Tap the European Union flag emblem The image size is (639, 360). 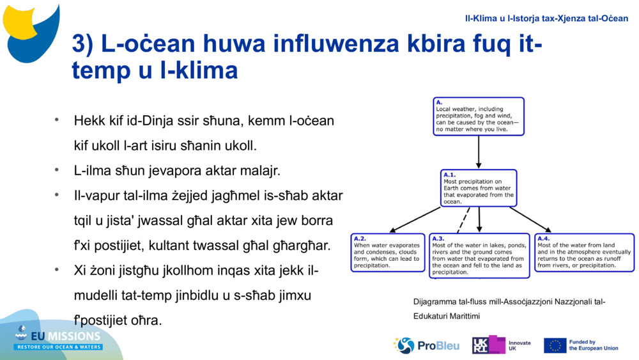[x=555, y=345]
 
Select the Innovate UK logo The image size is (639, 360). [x=501, y=345]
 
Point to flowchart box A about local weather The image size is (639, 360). [x=479, y=116]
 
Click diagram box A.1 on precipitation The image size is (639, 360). [x=479, y=188]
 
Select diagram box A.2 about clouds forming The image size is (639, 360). [x=388, y=252]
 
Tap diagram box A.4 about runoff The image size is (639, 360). [x=584, y=252]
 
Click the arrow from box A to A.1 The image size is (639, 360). [x=479, y=152]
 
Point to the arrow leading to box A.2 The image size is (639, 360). [x=415, y=219]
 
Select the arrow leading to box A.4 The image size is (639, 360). [x=530, y=219]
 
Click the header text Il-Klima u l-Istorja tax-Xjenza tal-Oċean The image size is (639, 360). [x=546, y=18]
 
